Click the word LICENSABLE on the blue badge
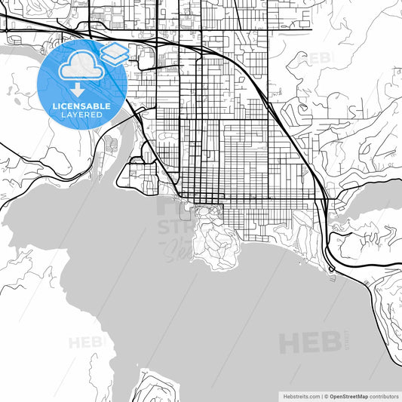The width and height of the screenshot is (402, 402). pyautogui.click(x=80, y=106)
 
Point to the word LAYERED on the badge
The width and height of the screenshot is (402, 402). pyautogui.click(x=80, y=115)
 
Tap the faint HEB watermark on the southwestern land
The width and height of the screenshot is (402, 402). pyautogui.click(x=84, y=342)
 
